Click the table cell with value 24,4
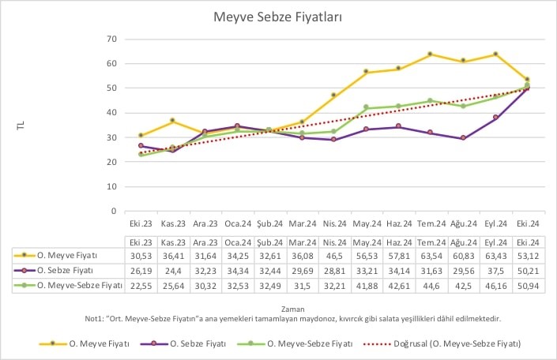coord(173,269)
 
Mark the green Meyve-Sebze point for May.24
coord(366,107)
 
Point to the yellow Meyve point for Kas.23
coord(173,121)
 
